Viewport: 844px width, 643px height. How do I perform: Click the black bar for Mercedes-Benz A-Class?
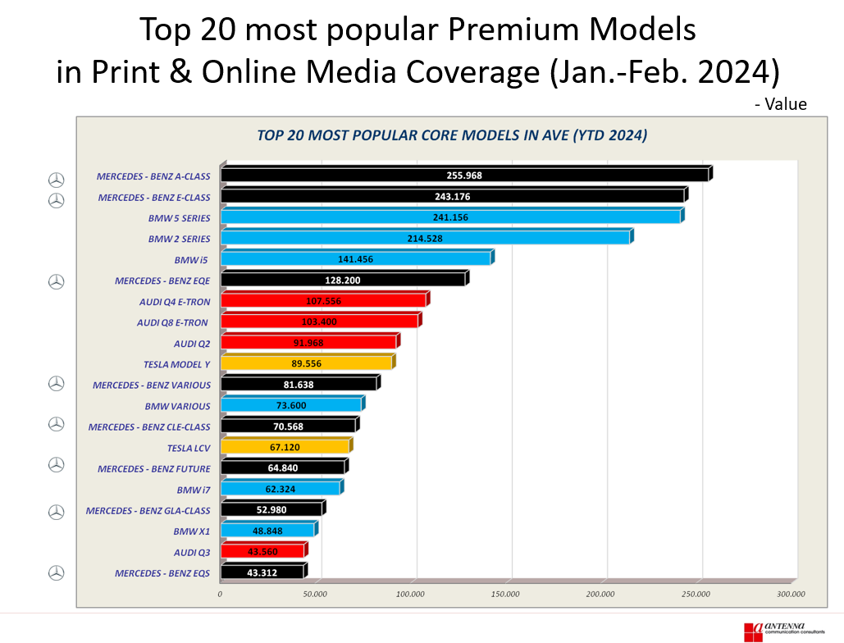coord(467,175)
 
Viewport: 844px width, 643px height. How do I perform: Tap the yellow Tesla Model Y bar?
coord(308,363)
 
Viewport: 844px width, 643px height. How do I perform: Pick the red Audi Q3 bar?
coord(264,550)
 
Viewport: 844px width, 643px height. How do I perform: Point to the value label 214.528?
coord(425,239)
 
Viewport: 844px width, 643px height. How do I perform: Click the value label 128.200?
coord(342,280)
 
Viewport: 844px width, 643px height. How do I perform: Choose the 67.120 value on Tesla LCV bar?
coord(285,447)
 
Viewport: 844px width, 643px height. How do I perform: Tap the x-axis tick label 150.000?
coord(505,594)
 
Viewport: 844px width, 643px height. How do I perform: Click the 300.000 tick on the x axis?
coord(791,594)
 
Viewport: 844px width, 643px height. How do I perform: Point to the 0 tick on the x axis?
coord(220,594)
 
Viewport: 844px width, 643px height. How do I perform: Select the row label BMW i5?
coord(190,260)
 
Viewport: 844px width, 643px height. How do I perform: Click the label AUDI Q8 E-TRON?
coord(172,323)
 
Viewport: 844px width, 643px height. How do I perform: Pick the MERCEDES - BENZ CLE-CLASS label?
coord(149,427)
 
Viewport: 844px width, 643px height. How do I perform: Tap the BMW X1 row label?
coord(192,531)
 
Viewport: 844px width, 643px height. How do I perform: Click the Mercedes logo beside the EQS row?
coord(57,573)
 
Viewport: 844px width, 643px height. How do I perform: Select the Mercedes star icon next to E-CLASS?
coord(57,200)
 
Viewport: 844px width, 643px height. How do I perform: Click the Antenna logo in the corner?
coord(784,631)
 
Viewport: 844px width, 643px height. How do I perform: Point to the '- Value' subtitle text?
coord(781,104)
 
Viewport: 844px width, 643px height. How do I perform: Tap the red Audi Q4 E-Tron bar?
coord(326,299)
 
